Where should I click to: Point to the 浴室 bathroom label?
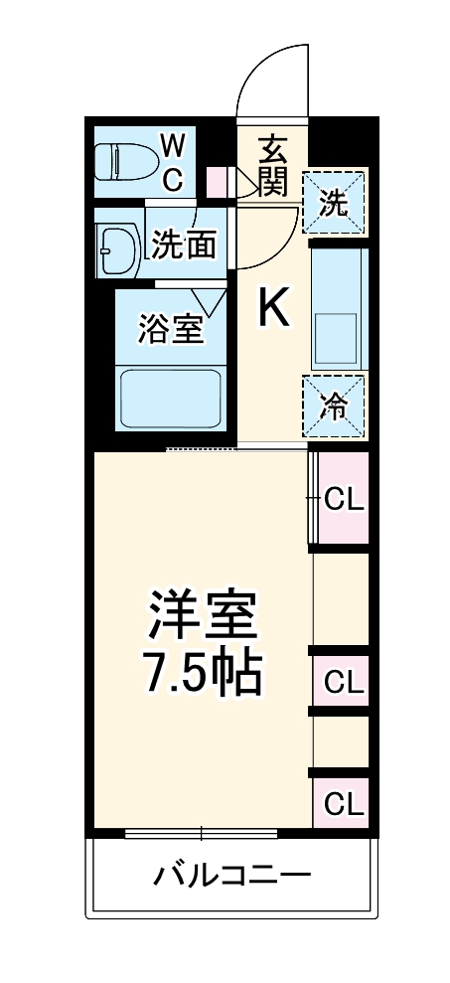pyautogui.click(x=171, y=328)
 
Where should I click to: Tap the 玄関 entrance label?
pyautogui.click(x=273, y=165)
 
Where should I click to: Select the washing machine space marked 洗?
pyautogui.click(x=334, y=203)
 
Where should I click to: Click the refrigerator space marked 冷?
pyautogui.click(x=334, y=406)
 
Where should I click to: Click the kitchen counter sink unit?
pyautogui.click(x=338, y=306)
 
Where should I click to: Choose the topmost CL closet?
pyautogui.click(x=342, y=497)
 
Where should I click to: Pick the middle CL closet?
pyautogui.click(x=342, y=682)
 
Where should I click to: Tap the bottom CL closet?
pyautogui.click(x=342, y=803)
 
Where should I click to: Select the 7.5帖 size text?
pyautogui.click(x=203, y=674)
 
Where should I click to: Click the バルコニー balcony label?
pyautogui.click(x=231, y=874)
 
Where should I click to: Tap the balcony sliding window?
pyautogui.click(x=202, y=833)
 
